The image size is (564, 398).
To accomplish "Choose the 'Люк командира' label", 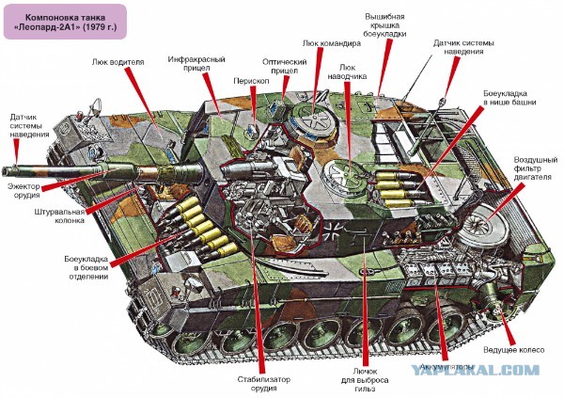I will coord(332,42).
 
